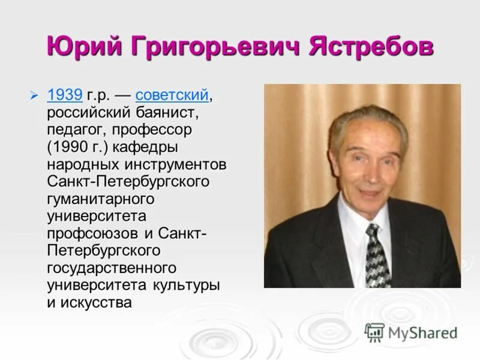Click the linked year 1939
tap(64, 94)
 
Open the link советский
tap(172, 94)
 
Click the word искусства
tap(97, 302)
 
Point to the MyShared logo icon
tap(374, 332)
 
